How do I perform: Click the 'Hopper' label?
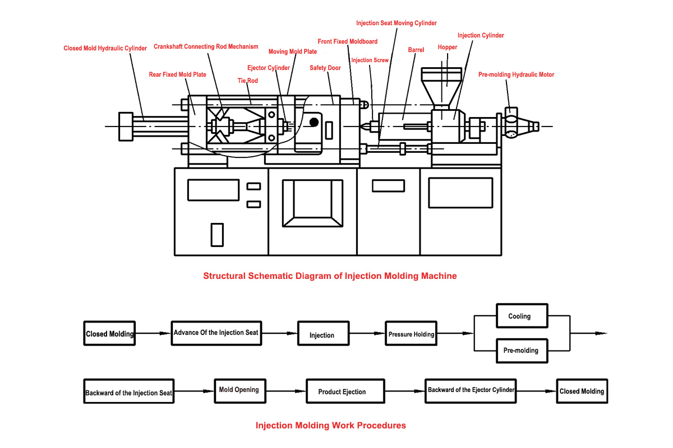click(447, 48)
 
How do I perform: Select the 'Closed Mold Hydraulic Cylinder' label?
click(105, 48)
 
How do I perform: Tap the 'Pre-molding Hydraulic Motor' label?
click(516, 74)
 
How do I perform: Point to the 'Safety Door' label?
click(325, 68)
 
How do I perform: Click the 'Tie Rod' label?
click(247, 81)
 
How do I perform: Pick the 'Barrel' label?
click(416, 50)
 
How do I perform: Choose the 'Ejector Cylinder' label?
click(268, 68)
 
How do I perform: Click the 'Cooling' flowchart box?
click(519, 316)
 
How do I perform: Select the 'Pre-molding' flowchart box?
click(520, 351)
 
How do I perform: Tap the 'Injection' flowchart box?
click(321, 335)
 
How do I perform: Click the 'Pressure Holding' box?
click(411, 334)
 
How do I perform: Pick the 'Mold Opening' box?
click(238, 390)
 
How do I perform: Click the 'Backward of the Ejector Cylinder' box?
click(471, 390)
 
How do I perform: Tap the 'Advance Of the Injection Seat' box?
click(216, 333)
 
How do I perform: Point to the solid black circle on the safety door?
click(314, 122)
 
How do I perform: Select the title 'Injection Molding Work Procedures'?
click(330, 426)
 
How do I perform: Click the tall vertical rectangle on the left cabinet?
click(217, 234)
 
